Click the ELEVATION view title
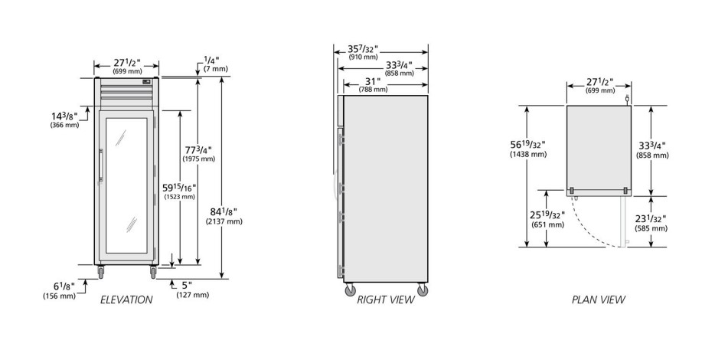coord(126,299)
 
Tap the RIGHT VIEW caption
coord(386,299)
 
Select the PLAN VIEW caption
coord(599,299)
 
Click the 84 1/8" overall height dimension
coord(224,216)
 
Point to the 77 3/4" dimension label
coord(198,154)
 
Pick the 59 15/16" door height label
coord(179,191)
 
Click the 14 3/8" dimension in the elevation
coord(64,119)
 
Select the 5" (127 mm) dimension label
coord(192,290)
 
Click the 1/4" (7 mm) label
coord(215,64)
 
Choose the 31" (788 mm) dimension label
coord(373,85)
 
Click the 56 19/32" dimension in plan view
coord(528,149)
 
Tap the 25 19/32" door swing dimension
coord(547,219)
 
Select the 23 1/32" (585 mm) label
coord(651,223)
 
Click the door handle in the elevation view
coord(101,166)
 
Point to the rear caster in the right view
coord(423,290)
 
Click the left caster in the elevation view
coord(101,273)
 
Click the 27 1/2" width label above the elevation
coord(127,66)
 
